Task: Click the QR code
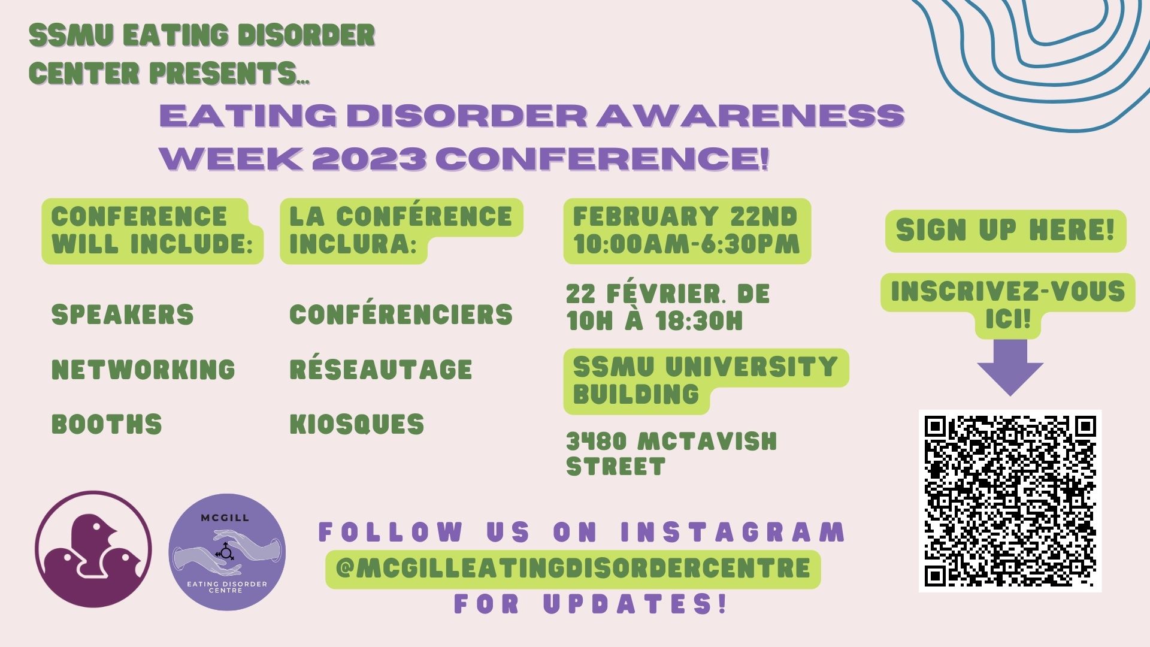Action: pyautogui.click(x=1010, y=501)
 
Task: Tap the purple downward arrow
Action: pyautogui.click(x=1010, y=367)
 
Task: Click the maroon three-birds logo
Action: pyautogui.click(x=93, y=549)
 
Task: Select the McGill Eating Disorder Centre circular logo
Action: pyautogui.click(x=227, y=552)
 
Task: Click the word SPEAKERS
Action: pyautogui.click(x=123, y=315)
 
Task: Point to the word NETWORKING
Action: pyautogui.click(x=143, y=369)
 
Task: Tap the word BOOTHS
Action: pyautogui.click(x=107, y=424)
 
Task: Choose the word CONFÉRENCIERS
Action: pyautogui.click(x=401, y=314)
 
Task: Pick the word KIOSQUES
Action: pyautogui.click(x=357, y=424)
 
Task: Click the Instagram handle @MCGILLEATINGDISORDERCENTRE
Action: pyautogui.click(x=573, y=568)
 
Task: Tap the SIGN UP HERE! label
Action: pyautogui.click(x=1006, y=230)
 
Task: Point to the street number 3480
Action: pyautogui.click(x=597, y=442)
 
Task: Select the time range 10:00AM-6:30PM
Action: pyautogui.click(x=686, y=244)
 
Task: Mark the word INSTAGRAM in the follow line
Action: pyautogui.click(x=732, y=532)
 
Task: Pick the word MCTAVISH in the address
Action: pyautogui.click(x=707, y=442)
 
